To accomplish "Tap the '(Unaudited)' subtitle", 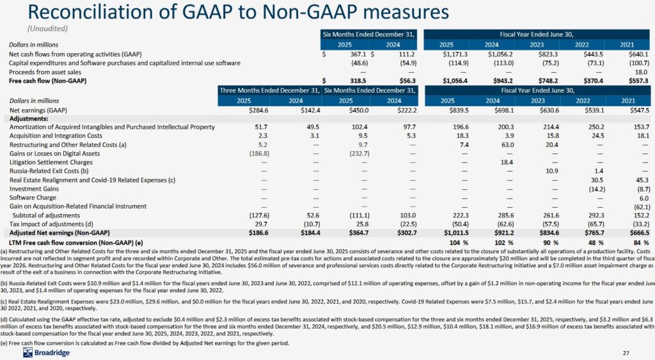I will [47, 29].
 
